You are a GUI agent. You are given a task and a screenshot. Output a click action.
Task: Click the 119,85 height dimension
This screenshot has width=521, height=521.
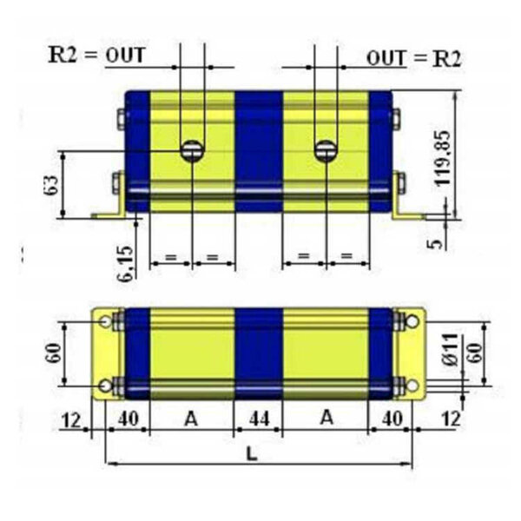coord(443,159)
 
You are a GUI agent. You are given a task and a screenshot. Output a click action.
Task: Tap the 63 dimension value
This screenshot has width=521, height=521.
coord(52,185)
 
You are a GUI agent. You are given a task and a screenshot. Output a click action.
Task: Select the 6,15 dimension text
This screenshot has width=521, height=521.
coord(126,264)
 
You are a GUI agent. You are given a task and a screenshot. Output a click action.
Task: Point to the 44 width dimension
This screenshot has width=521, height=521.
coord(259,419)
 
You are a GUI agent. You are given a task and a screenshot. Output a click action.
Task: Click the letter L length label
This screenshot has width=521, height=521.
coord(252,453)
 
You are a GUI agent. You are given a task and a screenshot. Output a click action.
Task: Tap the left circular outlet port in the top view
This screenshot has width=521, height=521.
coord(192,151)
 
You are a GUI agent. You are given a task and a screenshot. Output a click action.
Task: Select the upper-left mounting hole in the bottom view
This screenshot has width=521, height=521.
coord(106,321)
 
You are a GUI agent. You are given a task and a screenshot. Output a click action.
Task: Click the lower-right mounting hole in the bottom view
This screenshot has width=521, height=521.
coord(412,386)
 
